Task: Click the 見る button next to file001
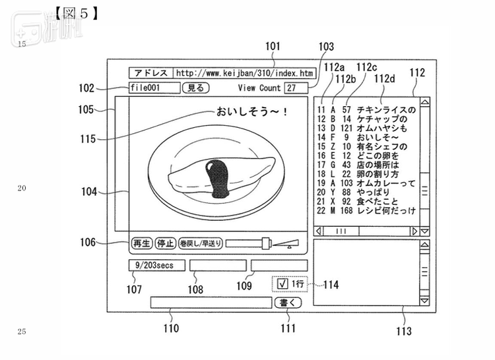pos(196,88)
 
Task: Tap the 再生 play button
pos(142,243)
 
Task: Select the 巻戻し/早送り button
pos(201,243)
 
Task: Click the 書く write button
pos(288,303)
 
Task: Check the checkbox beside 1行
pos(282,284)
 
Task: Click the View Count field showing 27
pos(296,88)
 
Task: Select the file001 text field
pos(154,88)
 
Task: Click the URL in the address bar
pos(244,73)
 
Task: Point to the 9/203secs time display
pos(156,266)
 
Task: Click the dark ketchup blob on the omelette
pos(218,179)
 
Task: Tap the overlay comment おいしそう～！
pos(251,112)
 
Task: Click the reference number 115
pos(88,139)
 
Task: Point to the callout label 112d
pos(385,79)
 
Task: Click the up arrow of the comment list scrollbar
pos(425,102)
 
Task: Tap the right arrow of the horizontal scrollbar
pos(415,231)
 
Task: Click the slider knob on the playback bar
pos(266,243)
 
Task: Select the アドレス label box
pos(151,73)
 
